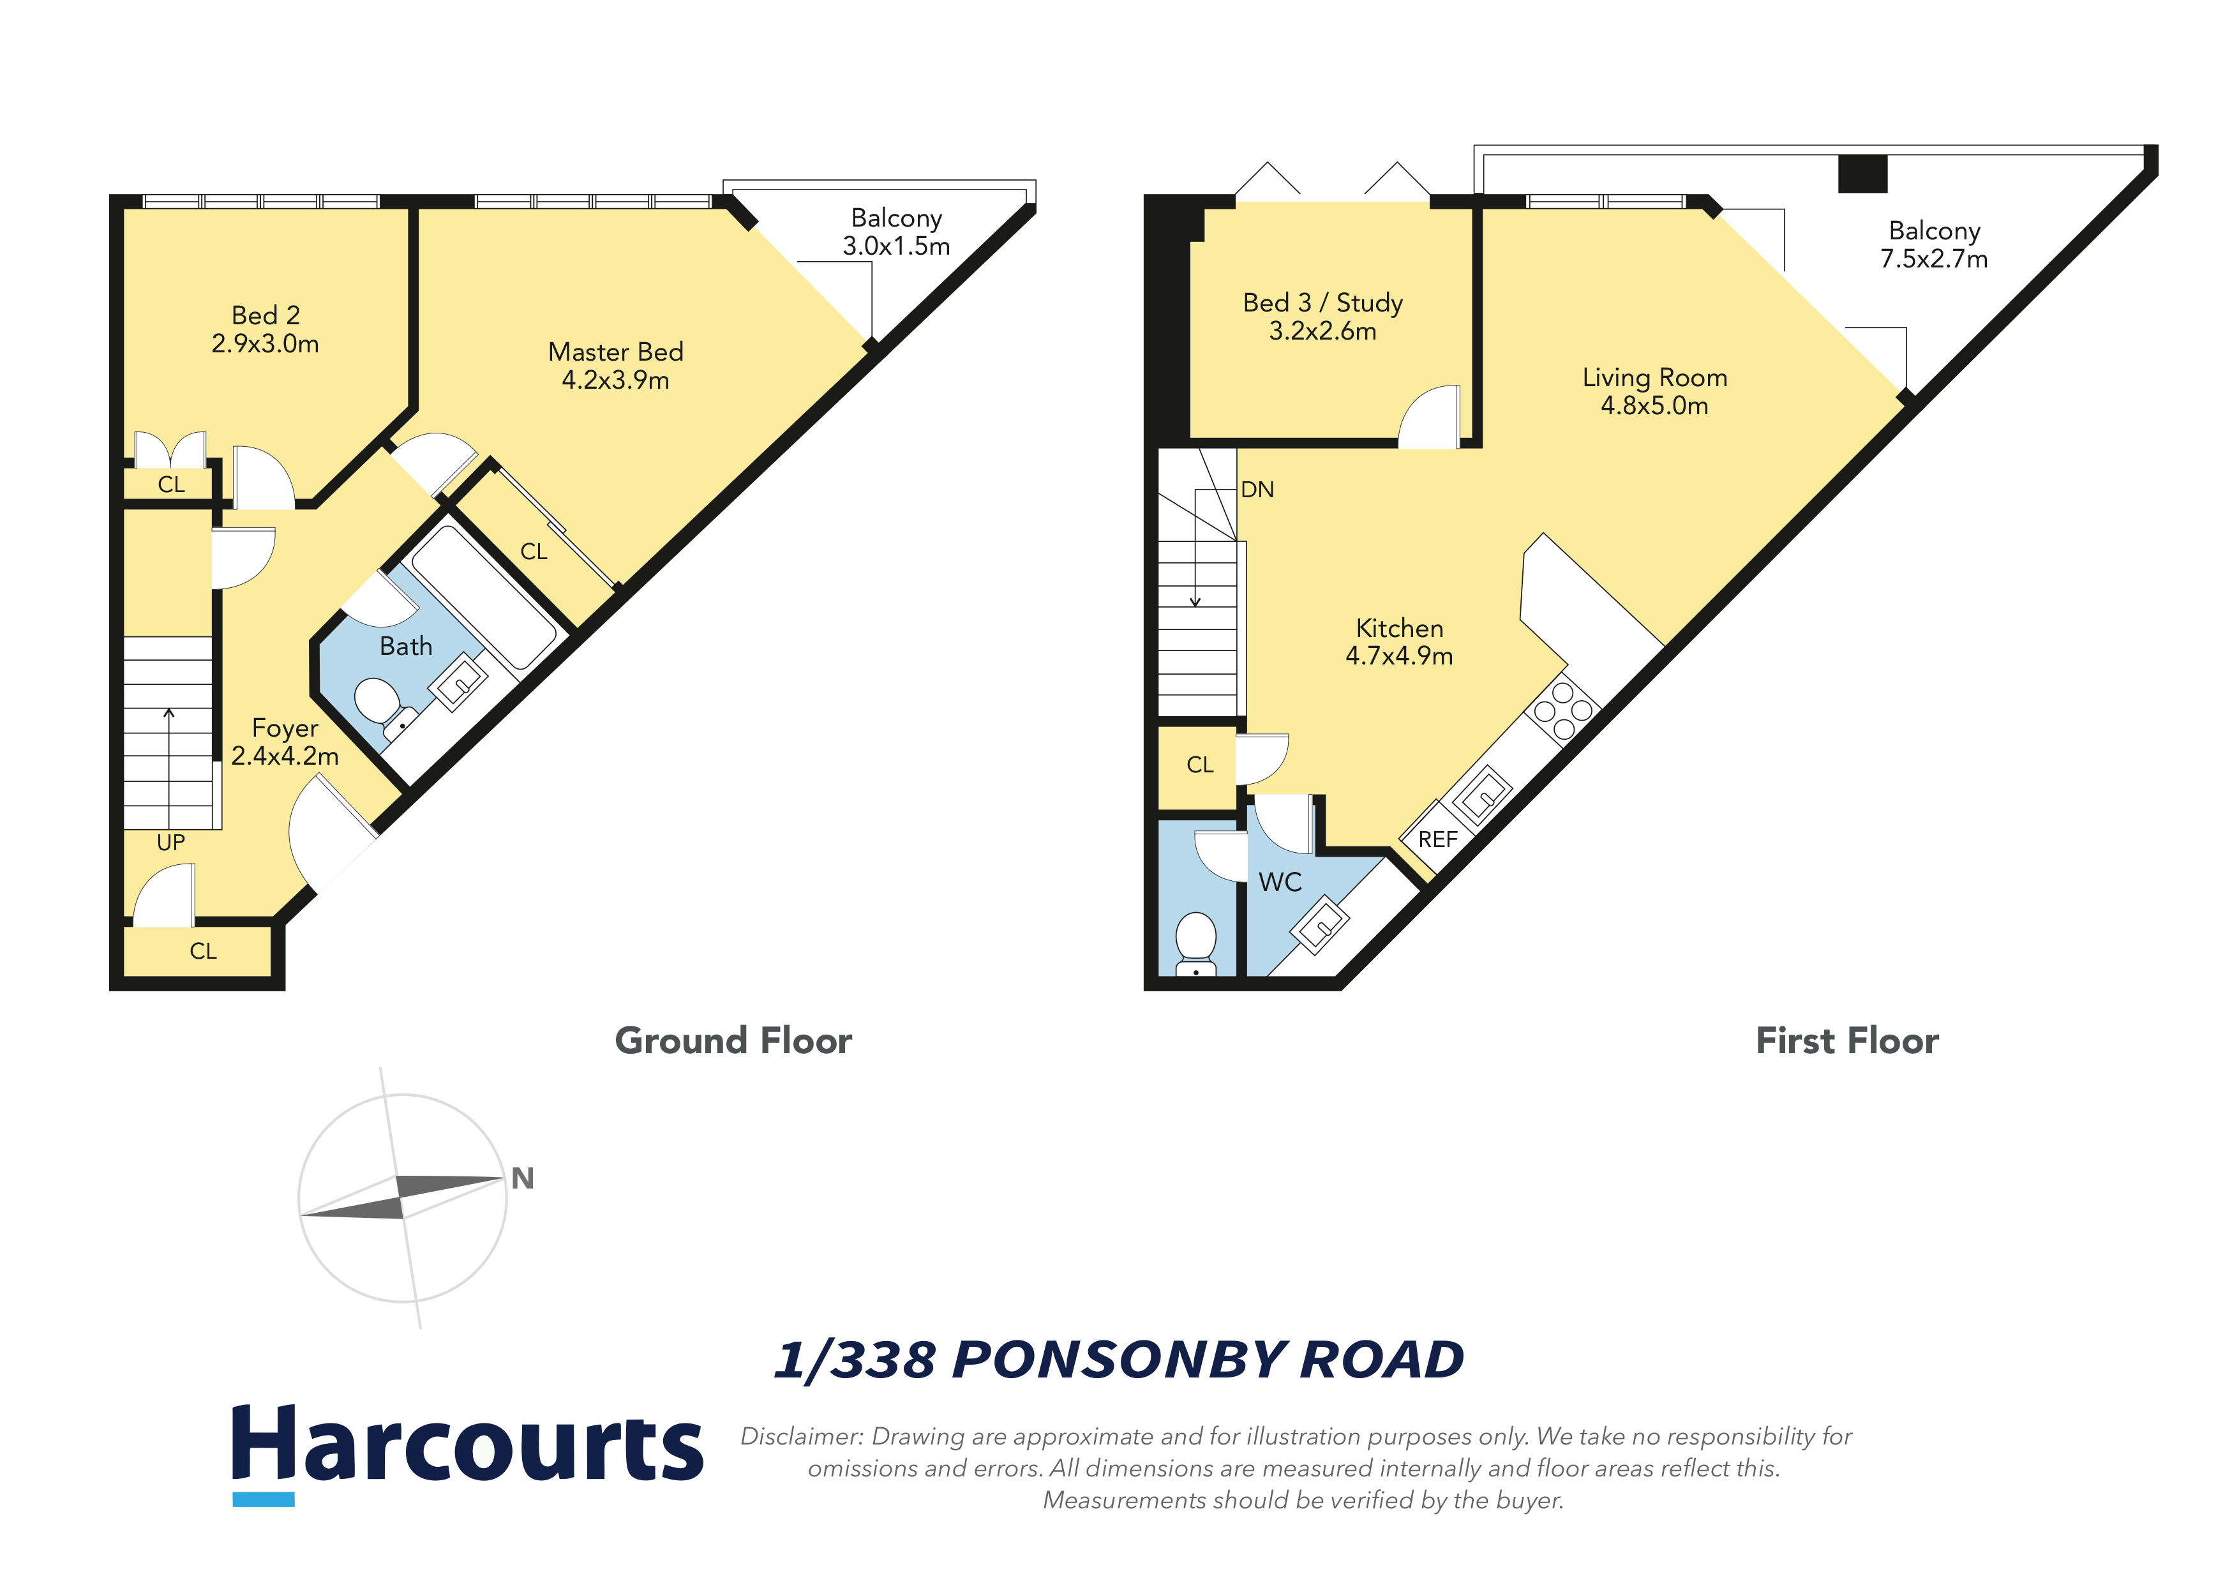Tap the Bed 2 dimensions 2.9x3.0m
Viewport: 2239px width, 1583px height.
(x=266, y=344)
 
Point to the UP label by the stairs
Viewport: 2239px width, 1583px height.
(x=170, y=843)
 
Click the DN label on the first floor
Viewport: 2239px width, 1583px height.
(x=1257, y=490)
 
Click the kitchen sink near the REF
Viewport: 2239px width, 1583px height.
(x=1482, y=794)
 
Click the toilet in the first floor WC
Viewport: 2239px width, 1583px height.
(x=1195, y=943)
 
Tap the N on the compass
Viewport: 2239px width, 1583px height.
(x=523, y=1178)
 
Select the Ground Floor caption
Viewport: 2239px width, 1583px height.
(x=733, y=1040)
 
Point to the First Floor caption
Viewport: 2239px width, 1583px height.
(x=1847, y=1040)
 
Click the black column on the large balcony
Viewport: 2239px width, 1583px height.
(x=1862, y=174)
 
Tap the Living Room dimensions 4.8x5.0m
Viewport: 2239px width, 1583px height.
(x=1655, y=406)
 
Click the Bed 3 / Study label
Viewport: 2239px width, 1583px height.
(x=1322, y=303)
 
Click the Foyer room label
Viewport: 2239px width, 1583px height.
(x=285, y=728)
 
